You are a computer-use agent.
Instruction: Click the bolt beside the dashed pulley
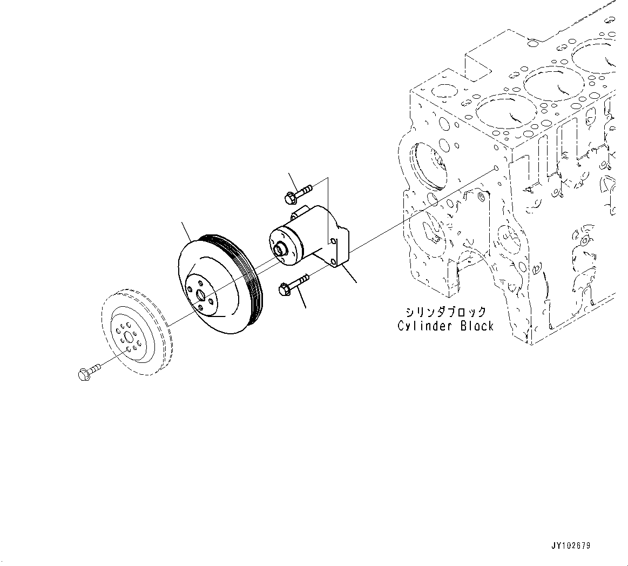coord(89,372)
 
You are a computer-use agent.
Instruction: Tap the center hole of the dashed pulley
coord(127,338)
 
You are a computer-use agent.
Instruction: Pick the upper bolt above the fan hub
coord(296,193)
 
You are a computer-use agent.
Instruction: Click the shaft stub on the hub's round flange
coord(280,249)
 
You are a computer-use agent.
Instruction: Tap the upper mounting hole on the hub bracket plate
coord(334,241)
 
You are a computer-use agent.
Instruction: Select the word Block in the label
coord(477,326)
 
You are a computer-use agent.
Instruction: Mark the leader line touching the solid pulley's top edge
coord(187,232)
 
